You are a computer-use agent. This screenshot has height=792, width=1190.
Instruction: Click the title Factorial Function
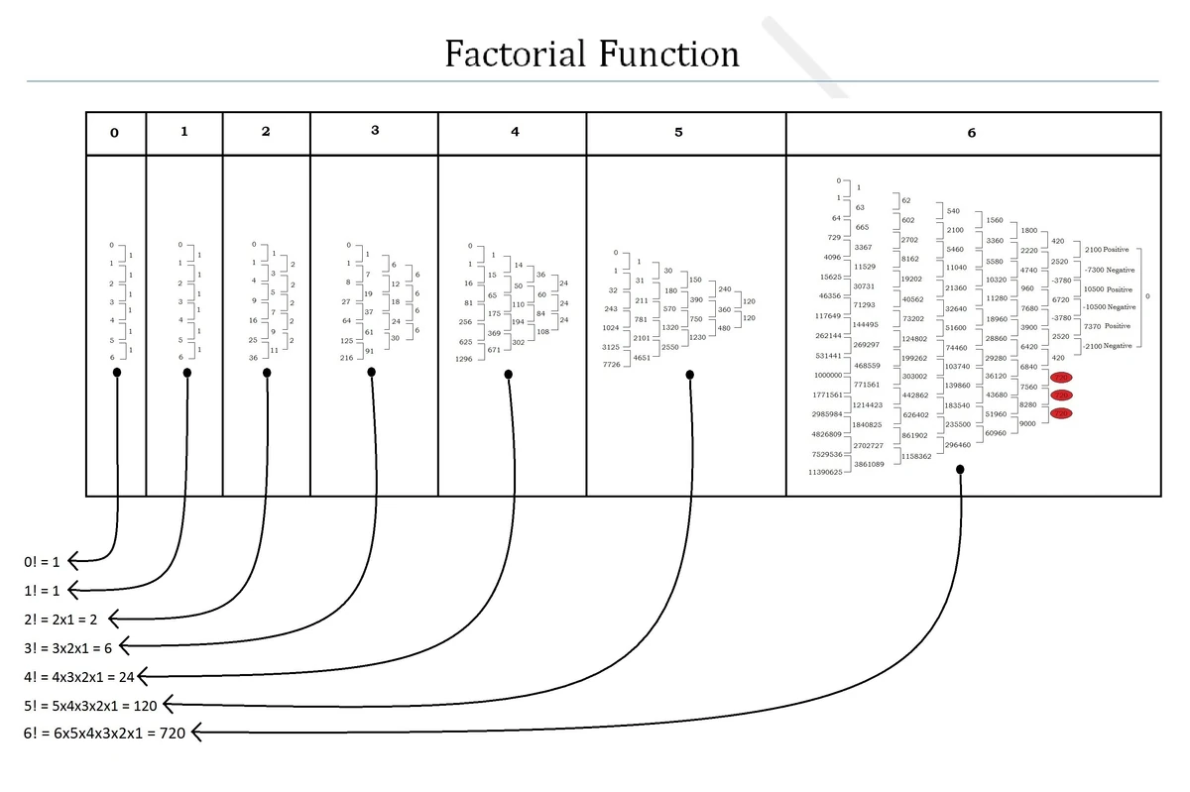[x=592, y=53]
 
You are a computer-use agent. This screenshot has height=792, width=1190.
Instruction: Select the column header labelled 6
[x=971, y=133]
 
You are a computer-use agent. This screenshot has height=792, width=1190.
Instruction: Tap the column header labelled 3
[x=374, y=132]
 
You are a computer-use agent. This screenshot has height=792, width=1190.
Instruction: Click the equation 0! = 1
[x=43, y=562]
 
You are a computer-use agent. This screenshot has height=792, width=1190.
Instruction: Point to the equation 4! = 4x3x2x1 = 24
[x=78, y=677]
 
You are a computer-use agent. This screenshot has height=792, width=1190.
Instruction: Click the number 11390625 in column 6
[x=824, y=473]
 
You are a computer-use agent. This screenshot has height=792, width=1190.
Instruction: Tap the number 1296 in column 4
[x=463, y=359]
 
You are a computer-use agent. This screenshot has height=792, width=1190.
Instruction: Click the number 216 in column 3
[x=346, y=357]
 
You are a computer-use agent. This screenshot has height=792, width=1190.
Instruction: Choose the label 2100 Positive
[x=1108, y=250]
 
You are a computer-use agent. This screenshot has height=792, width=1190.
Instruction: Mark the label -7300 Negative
[x=1110, y=270]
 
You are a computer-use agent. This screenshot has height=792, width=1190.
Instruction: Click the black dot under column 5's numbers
[x=689, y=375]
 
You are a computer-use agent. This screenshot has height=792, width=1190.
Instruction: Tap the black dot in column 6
[x=960, y=470]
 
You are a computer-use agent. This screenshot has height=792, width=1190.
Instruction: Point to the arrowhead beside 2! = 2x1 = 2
[x=114, y=620]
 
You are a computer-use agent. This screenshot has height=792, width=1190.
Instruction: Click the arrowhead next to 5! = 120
[x=169, y=705]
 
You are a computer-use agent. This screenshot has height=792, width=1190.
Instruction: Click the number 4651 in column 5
[x=642, y=357]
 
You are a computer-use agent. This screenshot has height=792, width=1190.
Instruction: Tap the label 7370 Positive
[x=1106, y=326]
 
